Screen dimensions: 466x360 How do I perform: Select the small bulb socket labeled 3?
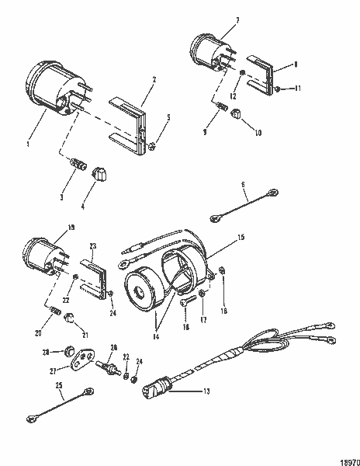point(78,165)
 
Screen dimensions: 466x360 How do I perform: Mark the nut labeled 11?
point(278,91)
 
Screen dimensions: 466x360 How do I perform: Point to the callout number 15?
point(241,236)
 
